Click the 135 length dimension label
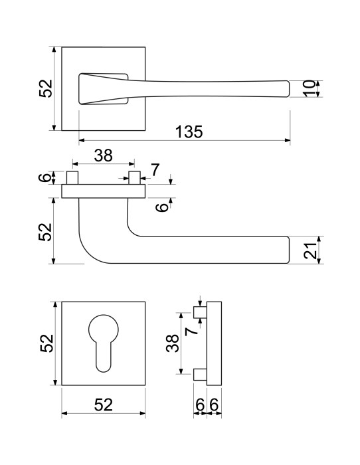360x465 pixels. pyautogui.click(x=189, y=132)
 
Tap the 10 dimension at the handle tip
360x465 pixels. pyautogui.click(x=310, y=88)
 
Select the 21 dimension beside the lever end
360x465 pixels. pyautogui.click(x=310, y=251)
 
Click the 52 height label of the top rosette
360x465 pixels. pyautogui.click(x=46, y=88)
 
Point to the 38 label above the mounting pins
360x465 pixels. pyautogui.click(x=104, y=155)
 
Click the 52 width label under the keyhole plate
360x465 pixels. pyautogui.click(x=104, y=405)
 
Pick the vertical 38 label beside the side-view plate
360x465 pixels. pyautogui.click(x=173, y=343)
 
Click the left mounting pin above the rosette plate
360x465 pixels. pyautogui.click(x=72, y=177)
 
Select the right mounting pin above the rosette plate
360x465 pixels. pyautogui.click(x=134, y=177)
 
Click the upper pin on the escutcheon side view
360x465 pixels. pyautogui.click(x=200, y=312)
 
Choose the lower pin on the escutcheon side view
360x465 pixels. pyautogui.click(x=200, y=374)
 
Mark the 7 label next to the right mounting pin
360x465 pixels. pyautogui.click(x=155, y=170)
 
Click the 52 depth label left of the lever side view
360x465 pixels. pyautogui.click(x=46, y=232)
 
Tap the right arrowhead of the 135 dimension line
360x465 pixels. pyautogui.click(x=288, y=140)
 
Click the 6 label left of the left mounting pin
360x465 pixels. pyautogui.click(x=45, y=177)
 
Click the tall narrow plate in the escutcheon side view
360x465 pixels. pyautogui.click(x=214, y=343)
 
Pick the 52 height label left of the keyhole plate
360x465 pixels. pyautogui.click(x=47, y=343)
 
